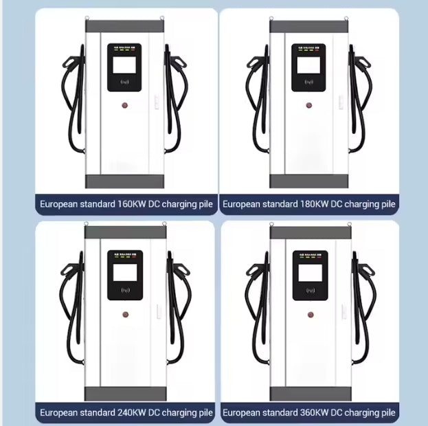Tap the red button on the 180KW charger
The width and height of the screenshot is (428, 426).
[308, 106]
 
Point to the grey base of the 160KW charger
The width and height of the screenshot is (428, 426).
[125, 181]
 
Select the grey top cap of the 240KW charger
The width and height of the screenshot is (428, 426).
[125, 233]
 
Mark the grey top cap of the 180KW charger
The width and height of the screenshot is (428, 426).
[308, 27]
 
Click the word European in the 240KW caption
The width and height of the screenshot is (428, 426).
[60, 413]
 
